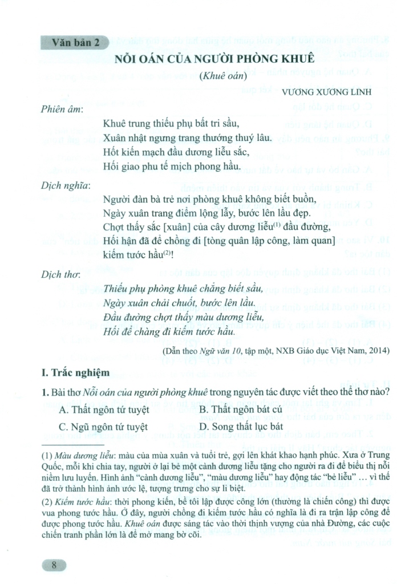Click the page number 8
pyautogui.click(x=54, y=566)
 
